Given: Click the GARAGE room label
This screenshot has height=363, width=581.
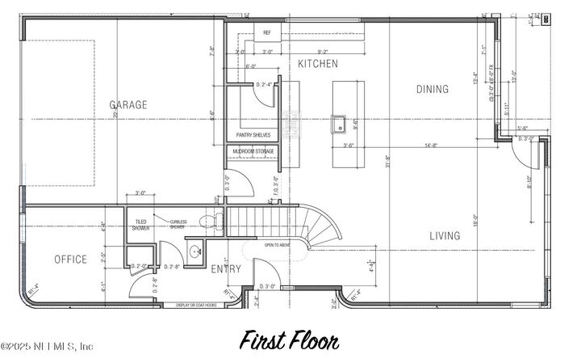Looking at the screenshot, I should coord(128,105).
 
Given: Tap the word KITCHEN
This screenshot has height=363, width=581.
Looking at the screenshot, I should coord(318,64).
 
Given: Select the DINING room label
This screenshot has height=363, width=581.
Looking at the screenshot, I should coord(433,89).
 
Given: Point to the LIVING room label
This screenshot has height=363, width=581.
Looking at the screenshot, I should coord(445,236).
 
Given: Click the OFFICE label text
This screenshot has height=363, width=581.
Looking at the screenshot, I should coord(70,260).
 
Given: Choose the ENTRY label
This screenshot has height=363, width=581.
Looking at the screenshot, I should coord(226,268).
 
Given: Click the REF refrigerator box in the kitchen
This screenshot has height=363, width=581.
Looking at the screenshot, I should coord(267,33).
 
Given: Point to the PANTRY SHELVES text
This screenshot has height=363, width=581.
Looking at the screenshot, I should coord(253,135).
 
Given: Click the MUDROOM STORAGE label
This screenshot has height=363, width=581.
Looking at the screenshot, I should coord(254,151).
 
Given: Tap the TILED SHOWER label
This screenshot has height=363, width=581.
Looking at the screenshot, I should coord(140,226).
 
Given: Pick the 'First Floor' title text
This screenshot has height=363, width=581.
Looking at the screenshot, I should coord(288,340).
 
